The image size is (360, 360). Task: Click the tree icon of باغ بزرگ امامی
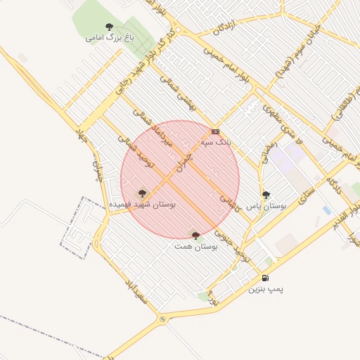click(108, 27)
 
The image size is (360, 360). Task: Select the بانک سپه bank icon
click(215, 131)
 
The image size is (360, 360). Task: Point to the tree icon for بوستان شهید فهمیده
click(142, 193)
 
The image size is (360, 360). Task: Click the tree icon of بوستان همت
click(195, 236)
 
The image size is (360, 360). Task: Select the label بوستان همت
click(196, 247)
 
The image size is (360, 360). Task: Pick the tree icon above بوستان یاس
click(266, 195)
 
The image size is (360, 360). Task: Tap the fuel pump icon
click(265, 278)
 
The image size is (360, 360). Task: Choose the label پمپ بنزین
click(265, 289)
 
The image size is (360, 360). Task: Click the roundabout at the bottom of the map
click(164, 320)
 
